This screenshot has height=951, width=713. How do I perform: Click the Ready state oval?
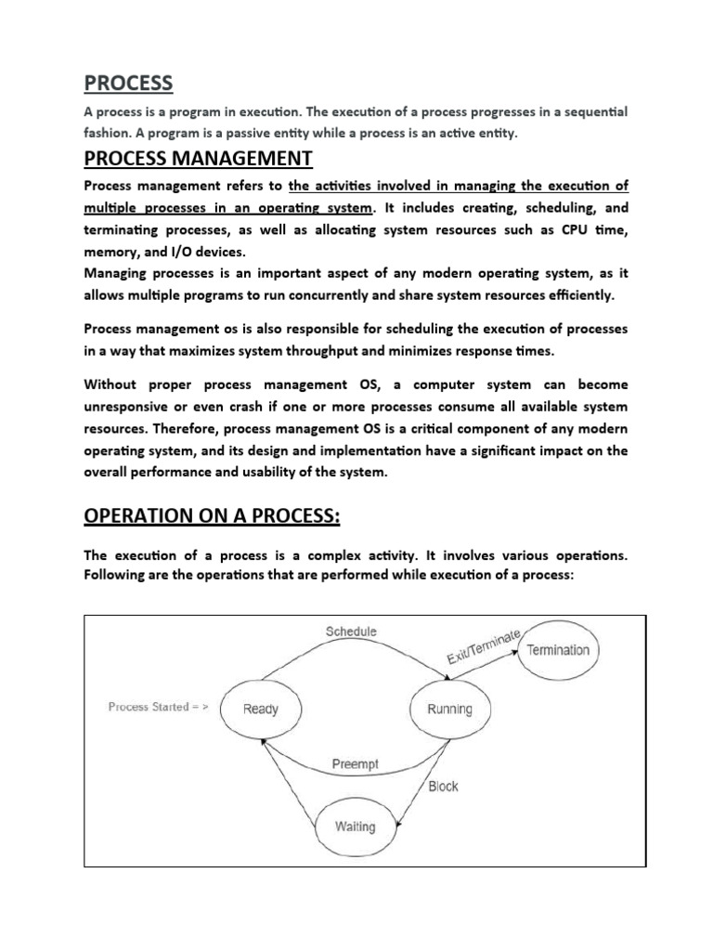click(x=261, y=709)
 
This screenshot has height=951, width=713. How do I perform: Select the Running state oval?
click(x=449, y=709)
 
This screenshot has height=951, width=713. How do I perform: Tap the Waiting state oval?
click(x=356, y=827)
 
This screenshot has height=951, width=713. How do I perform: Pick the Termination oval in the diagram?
click(x=558, y=650)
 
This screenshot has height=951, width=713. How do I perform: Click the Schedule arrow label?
click(x=351, y=632)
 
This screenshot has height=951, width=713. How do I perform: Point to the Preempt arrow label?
click(x=356, y=765)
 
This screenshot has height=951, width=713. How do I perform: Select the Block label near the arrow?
click(x=443, y=787)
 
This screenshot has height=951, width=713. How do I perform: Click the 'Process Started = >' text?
click(x=159, y=707)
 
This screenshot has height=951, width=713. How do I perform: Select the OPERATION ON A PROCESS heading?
click(x=211, y=515)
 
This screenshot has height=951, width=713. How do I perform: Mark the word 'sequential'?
click(x=590, y=111)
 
